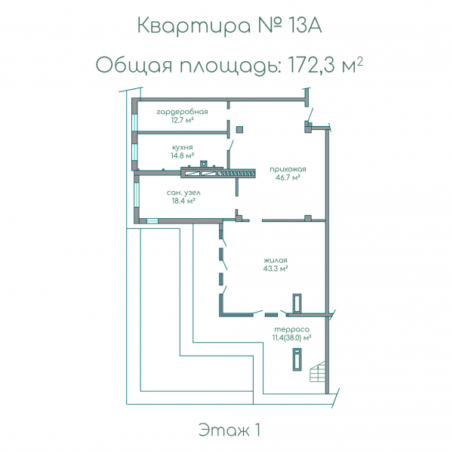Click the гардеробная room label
pyautogui.click(x=181, y=112)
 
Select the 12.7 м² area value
pyautogui.click(x=181, y=120)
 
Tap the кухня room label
pyautogui.click(x=182, y=147)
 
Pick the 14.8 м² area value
pyautogui.click(x=182, y=156)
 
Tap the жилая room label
pyautogui.click(x=276, y=260)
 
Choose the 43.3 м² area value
pyautogui.click(x=276, y=268)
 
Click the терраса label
pyautogui.click(x=291, y=330)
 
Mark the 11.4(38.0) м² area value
pyautogui.click(x=291, y=338)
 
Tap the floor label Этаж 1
pyautogui.click(x=230, y=430)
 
